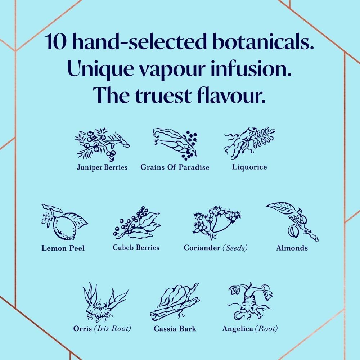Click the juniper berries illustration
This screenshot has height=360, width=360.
(x=102, y=144)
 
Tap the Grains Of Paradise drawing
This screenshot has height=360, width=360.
(x=175, y=144)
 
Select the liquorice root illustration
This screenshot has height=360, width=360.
(x=249, y=143)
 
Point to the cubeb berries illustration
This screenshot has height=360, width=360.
(x=136, y=223)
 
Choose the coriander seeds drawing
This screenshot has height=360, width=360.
(x=217, y=222)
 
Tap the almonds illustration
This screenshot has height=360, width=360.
(x=292, y=222)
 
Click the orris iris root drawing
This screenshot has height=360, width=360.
(x=105, y=302)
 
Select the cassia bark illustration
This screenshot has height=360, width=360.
(x=175, y=302)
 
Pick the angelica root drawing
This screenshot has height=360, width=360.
(x=250, y=301)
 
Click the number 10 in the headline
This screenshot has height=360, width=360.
(x=55, y=41)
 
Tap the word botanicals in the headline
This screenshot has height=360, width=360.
(x=264, y=41)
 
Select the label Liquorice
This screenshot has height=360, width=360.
(x=249, y=167)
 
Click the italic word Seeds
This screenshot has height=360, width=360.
(x=235, y=248)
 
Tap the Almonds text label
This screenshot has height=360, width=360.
(x=292, y=248)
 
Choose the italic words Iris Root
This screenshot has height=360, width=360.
(x=112, y=329)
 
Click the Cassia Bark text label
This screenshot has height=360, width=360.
(x=175, y=329)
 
